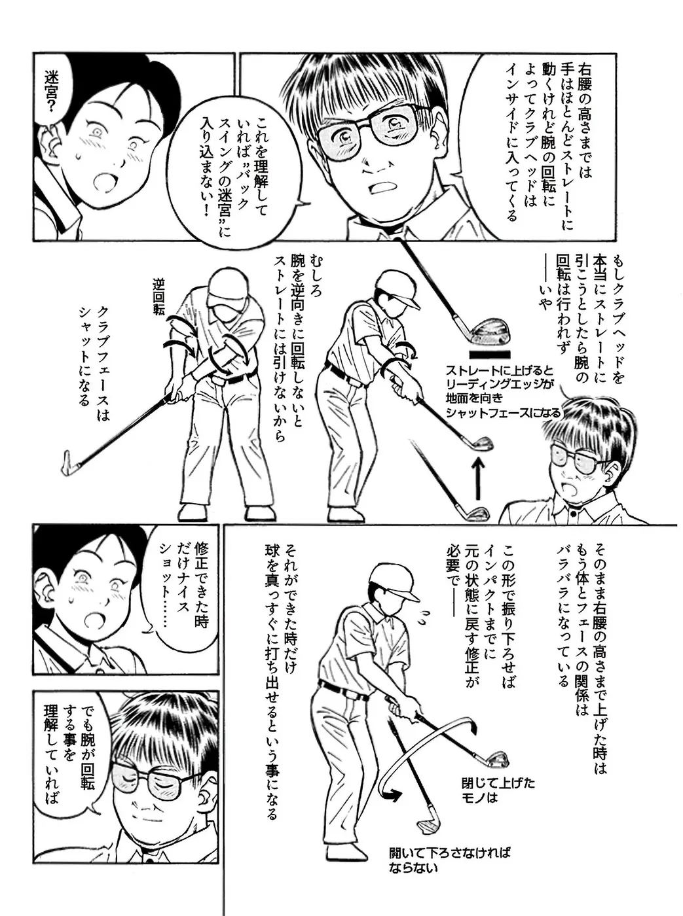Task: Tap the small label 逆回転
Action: click(x=158, y=296)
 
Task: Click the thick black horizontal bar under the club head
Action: click(x=490, y=354)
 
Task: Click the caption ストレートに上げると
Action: click(x=500, y=369)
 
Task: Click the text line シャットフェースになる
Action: click(x=503, y=412)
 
